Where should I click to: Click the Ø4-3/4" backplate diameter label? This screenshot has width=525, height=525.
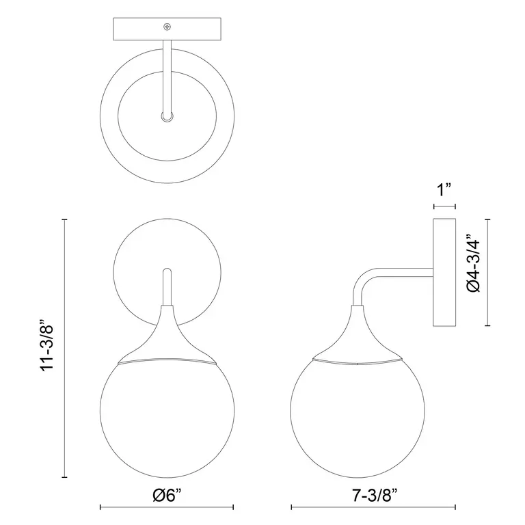pyautogui.click(x=472, y=265)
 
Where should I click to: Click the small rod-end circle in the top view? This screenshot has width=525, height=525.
pyautogui.click(x=166, y=117)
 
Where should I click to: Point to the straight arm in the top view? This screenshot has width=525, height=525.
pyautogui.click(x=166, y=75)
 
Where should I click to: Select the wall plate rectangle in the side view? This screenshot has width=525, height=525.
pyautogui.click(x=445, y=273)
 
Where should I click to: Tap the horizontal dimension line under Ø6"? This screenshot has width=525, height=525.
pyautogui.click(x=167, y=507)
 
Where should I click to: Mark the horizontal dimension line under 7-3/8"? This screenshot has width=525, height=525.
pyautogui.click(x=374, y=507)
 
